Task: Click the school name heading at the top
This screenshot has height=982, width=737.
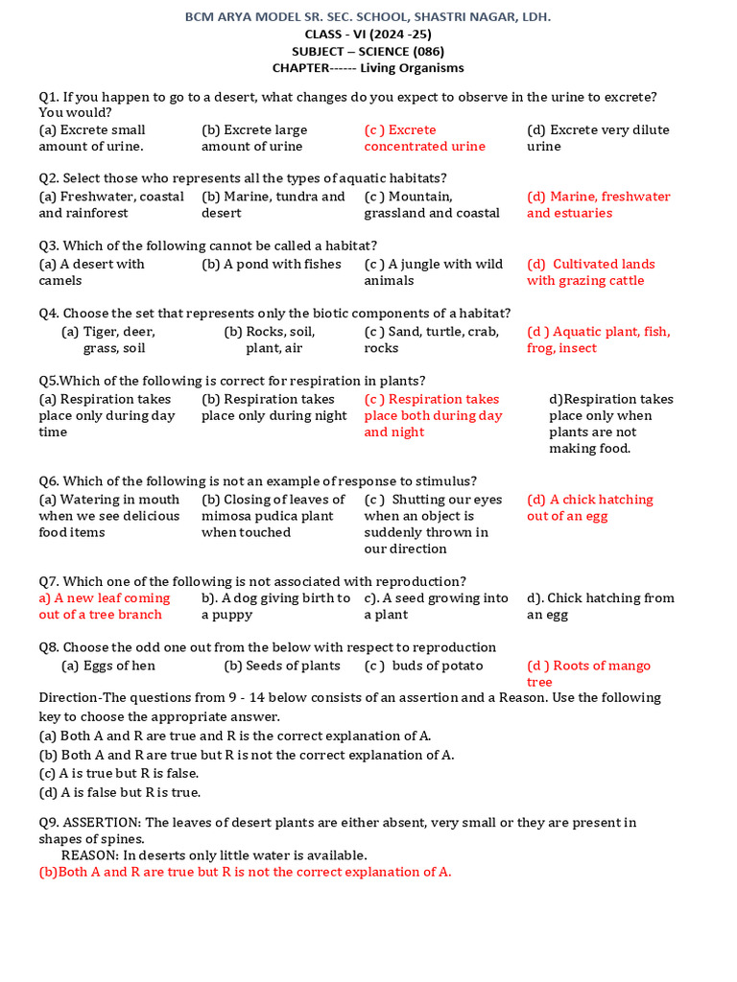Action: [x=368, y=17]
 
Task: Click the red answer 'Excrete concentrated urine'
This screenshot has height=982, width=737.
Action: [x=424, y=138]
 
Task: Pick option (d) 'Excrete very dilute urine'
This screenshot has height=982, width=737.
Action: [x=598, y=138]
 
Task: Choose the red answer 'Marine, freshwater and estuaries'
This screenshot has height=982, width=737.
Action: [x=598, y=204]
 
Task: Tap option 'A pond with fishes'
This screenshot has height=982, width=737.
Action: [x=272, y=264]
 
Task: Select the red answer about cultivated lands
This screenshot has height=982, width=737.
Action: [x=590, y=272]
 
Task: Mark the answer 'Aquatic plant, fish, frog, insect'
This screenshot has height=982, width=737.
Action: [x=598, y=339]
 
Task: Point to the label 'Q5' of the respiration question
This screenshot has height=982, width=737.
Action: [x=48, y=381]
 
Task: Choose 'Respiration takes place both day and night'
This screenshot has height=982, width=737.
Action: [x=433, y=415]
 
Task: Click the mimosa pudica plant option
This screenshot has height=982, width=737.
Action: [x=273, y=516]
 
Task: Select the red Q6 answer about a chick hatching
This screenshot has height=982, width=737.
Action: [x=589, y=507]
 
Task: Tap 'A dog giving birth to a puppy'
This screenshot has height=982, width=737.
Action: [x=275, y=606]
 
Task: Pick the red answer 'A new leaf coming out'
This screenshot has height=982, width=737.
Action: [x=104, y=606]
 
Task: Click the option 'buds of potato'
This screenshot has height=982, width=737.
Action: [x=423, y=666]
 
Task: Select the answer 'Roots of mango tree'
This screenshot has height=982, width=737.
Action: [x=588, y=673]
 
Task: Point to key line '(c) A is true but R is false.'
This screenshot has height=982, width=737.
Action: [x=119, y=773]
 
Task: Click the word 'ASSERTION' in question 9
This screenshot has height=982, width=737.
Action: [x=102, y=823]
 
